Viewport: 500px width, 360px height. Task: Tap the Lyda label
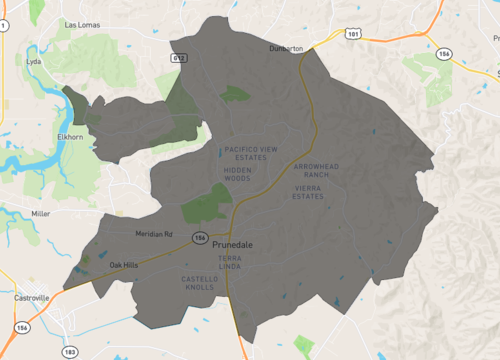tap(33, 61)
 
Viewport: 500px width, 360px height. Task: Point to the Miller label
tap(40, 214)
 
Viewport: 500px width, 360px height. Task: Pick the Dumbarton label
tap(286, 48)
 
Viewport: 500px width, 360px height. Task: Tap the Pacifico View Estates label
tap(251, 153)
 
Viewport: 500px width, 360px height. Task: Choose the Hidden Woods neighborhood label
tap(238, 176)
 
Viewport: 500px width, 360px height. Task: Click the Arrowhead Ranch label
tap(318, 169)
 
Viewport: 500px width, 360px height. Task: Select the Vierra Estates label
tap(308, 191)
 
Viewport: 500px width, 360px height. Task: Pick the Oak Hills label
tap(124, 265)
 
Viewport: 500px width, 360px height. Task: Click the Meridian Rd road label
tap(154, 235)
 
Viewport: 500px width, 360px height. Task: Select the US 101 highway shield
tap(352, 33)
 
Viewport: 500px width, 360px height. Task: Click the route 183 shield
tap(68, 353)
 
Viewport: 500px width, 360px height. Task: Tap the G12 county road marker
tap(180, 58)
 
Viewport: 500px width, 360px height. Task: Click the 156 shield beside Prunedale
tap(200, 238)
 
